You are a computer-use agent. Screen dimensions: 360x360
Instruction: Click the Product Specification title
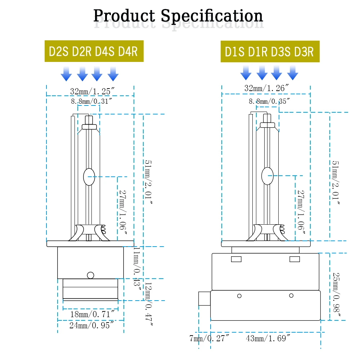tap(178, 16)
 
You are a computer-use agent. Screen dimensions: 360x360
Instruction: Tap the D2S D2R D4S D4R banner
tap(94, 51)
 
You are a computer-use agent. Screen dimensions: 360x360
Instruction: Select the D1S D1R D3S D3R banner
tap(270, 51)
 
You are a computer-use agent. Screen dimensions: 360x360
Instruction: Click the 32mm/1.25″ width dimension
tap(92, 91)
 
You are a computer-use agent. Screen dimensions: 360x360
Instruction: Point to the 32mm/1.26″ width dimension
tap(266, 88)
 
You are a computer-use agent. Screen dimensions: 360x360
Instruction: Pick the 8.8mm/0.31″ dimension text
tap(91, 101)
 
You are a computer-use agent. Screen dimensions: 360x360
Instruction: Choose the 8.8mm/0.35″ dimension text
tap(269, 101)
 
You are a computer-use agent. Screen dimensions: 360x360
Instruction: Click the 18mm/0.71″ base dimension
tap(92, 314)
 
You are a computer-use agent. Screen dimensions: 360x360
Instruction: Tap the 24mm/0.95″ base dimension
tap(91, 325)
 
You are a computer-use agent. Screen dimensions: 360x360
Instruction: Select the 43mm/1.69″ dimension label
tap(268, 338)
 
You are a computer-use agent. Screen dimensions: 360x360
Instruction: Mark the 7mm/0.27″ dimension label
tap(209, 338)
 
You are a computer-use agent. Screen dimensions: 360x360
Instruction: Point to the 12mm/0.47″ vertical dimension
tap(149, 304)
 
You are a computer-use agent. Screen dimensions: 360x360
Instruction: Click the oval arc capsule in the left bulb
tap(89, 177)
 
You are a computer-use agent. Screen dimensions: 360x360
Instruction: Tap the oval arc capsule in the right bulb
tap(267, 176)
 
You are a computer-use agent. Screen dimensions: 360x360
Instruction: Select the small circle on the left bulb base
tap(91, 275)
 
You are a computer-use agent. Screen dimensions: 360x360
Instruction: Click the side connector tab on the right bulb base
tap(204, 298)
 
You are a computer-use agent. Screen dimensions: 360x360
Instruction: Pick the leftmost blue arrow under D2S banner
tap(66, 74)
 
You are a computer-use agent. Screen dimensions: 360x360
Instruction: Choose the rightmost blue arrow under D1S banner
tap(293, 73)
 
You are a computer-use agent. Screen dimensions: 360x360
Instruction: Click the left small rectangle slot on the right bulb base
tap(236, 259)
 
